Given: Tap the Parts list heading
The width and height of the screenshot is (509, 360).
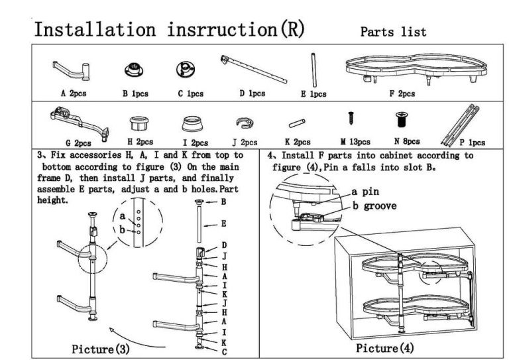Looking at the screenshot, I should pyautogui.click(x=393, y=32).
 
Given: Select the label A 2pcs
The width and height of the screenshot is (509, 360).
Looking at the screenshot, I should pyautogui.click(x=72, y=93).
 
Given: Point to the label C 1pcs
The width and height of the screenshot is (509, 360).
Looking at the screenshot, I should pyautogui.click(x=190, y=93).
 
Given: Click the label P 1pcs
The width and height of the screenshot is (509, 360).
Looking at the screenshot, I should pyautogui.click(x=471, y=142).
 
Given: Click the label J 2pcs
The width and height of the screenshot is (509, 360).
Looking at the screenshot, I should pyautogui.click(x=245, y=141).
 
